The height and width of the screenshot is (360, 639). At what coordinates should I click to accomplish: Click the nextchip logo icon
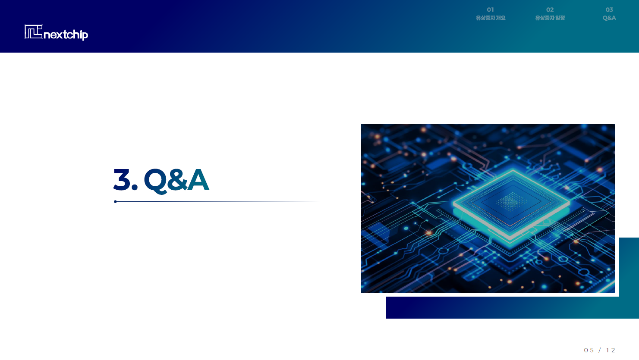(x=33, y=31)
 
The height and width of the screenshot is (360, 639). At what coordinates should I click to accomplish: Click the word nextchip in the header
(x=66, y=35)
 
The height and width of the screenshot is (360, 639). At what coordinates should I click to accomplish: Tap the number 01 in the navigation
(x=491, y=9)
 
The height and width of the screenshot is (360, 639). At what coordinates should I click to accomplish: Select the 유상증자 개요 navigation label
(x=491, y=18)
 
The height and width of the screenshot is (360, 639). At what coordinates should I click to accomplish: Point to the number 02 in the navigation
(x=550, y=9)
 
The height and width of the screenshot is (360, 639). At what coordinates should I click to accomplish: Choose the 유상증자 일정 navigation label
(x=550, y=18)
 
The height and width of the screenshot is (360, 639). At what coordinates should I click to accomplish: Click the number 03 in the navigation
(x=609, y=9)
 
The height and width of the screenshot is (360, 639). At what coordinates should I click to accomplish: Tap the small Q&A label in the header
(x=609, y=18)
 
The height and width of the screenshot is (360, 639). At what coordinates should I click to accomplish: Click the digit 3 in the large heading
(x=122, y=180)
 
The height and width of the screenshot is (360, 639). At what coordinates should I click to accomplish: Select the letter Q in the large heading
(x=156, y=181)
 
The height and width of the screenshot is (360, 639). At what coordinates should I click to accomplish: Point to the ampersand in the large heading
(x=177, y=180)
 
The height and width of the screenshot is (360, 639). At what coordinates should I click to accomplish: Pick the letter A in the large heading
(x=198, y=180)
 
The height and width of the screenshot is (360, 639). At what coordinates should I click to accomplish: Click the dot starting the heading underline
(x=115, y=201)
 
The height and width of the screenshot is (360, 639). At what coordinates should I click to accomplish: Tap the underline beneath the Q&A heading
(x=217, y=201)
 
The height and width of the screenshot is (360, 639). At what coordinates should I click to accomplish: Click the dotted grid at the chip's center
(x=512, y=201)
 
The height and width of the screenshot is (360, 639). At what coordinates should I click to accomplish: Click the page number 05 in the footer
(x=589, y=350)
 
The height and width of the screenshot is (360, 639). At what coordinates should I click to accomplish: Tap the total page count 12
(x=611, y=350)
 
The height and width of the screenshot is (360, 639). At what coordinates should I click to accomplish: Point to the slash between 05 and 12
(x=600, y=350)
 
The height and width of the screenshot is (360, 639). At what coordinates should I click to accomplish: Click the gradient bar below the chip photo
(x=512, y=307)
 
